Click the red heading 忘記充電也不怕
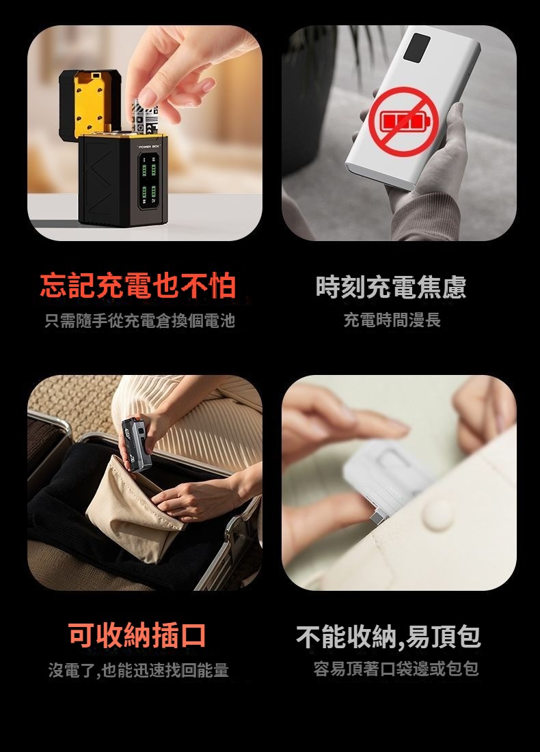coord(138,286)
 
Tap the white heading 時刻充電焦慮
coord(391,287)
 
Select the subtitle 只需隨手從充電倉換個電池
coord(139,320)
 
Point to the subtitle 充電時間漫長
coord(392,320)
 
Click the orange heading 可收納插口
coord(137,635)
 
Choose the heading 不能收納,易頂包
coord(388,636)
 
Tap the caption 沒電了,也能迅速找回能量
coord(138,669)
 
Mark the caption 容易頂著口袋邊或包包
coord(396,668)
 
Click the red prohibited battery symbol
coord(404,122)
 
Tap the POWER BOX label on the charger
coord(149,145)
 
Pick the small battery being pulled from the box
coord(143,117)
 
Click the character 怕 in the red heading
coord(221,286)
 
